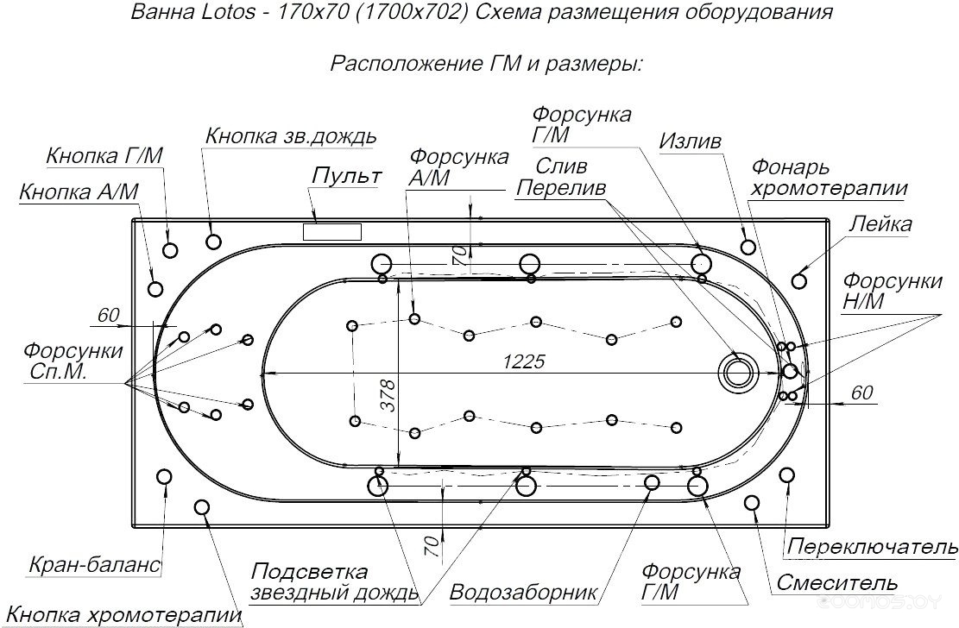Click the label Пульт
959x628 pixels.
(x=346, y=177)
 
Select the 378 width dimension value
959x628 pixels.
(x=388, y=395)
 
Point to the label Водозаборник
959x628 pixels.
(x=524, y=593)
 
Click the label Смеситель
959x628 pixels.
(x=836, y=583)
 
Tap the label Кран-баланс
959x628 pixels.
(x=95, y=565)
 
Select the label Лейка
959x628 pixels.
(x=880, y=224)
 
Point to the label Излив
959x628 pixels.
(x=691, y=141)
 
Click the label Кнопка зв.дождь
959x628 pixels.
(x=290, y=136)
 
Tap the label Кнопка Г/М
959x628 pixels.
(x=104, y=156)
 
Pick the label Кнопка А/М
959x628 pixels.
(x=79, y=192)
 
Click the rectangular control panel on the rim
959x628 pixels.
(x=331, y=231)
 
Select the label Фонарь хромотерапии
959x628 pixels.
(x=829, y=178)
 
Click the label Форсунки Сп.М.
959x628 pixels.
(x=73, y=361)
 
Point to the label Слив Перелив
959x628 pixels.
(x=560, y=176)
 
